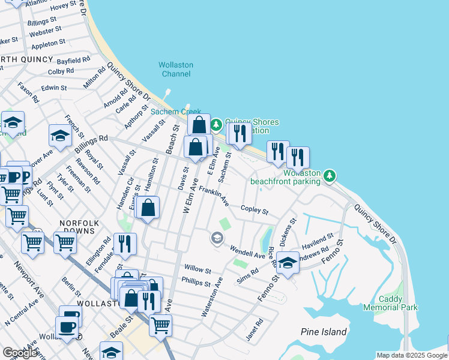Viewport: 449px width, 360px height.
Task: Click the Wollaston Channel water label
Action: pos(175,69)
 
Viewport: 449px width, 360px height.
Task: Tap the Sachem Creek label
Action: pos(175,112)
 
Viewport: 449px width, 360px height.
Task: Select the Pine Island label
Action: pos(324,332)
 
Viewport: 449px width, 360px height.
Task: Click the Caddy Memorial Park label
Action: pos(398,303)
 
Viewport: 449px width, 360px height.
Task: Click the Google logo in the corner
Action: pos(20,353)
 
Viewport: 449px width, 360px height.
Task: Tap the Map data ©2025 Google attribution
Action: pos(411,355)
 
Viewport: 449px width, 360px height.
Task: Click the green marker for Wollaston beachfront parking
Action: pos(328,176)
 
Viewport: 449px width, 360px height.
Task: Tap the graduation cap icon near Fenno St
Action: pos(288,263)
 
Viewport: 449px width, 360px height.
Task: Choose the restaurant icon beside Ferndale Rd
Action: pos(125,244)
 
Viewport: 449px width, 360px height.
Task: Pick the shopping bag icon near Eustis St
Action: pos(148,208)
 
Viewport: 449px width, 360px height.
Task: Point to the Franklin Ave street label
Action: pos(214,194)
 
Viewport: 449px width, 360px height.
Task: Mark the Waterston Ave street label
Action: pos(212,297)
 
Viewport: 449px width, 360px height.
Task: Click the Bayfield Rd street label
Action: pos(73,61)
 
